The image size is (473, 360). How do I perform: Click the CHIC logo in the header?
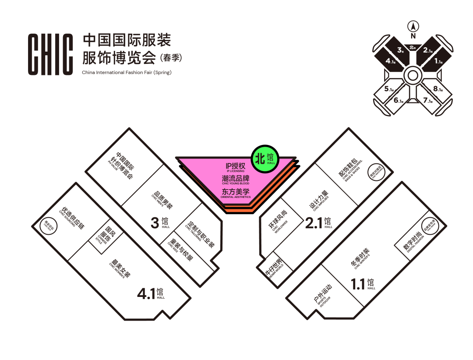(50, 54)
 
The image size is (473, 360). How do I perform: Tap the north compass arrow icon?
(413, 25)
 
